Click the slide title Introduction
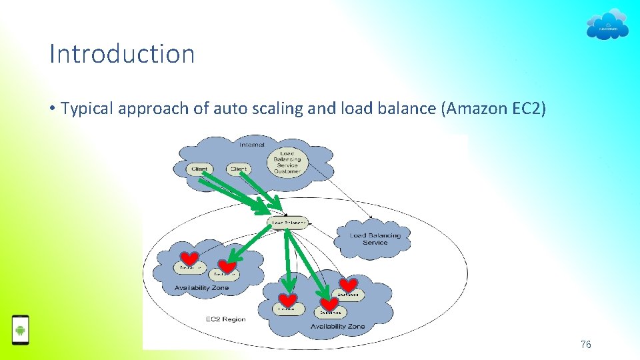coord(122,54)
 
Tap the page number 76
coord(585,344)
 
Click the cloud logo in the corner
coord(607,25)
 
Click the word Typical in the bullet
coord(87,109)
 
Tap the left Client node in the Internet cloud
coord(199,169)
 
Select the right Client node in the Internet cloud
coord(238,169)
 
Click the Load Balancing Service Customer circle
coord(287,161)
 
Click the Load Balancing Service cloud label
coord(375,239)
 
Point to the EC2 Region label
coord(225,319)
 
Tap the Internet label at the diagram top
coord(252,144)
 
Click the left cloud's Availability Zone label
coord(201,288)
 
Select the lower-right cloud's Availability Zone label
coord(337,327)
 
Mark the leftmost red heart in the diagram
coord(189,259)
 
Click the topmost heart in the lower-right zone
coord(348,285)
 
